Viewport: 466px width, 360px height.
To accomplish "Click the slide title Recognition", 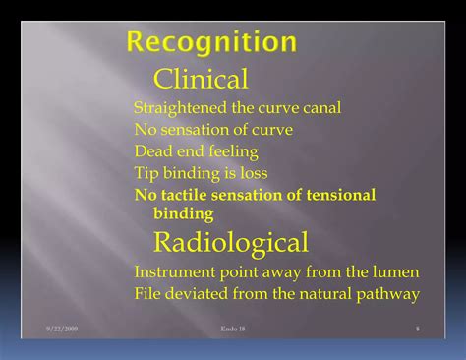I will coord(211,42).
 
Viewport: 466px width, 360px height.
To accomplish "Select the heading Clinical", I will coord(201,79).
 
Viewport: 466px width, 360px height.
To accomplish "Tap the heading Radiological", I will coord(231,241).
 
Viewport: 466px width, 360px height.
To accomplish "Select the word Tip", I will coord(146,173).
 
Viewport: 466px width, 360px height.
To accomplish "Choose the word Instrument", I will coord(173,271).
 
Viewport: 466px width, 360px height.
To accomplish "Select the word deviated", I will coord(199,293).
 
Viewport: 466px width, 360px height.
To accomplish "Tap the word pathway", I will coord(389,293).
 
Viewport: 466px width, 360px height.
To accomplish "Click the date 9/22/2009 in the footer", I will coord(63,327).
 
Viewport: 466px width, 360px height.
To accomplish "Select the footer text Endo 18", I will coord(234,327).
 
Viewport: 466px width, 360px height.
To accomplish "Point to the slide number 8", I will coord(417,327).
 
